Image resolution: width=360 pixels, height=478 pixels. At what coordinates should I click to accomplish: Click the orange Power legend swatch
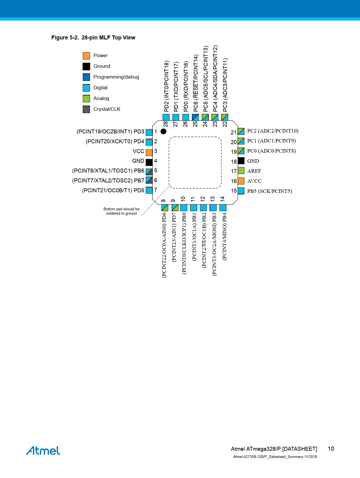86,56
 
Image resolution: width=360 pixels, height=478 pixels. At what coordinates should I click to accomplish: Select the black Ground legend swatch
86,66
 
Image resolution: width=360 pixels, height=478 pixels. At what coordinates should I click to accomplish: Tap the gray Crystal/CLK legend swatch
86,109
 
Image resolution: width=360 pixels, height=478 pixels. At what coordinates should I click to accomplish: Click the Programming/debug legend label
116,77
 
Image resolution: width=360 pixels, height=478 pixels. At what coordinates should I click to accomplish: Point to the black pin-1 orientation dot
163,131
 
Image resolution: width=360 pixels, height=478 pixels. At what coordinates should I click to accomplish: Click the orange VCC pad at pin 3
149,153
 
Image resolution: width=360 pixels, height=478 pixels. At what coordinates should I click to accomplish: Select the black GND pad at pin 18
241,161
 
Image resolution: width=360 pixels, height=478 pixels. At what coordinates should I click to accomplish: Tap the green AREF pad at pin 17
241,171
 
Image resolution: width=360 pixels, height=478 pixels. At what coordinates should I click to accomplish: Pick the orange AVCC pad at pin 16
241,181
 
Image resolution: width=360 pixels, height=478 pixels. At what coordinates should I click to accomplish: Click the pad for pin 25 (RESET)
195,117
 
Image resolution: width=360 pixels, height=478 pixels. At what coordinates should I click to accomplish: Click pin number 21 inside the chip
234,132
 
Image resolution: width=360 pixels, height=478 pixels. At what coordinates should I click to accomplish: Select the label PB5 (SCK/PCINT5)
269,191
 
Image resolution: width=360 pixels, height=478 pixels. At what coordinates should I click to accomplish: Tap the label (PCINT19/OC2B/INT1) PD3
110,131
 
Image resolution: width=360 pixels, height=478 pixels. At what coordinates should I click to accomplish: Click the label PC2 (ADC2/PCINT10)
273,131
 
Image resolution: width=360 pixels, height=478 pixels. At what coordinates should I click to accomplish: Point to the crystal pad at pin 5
149,172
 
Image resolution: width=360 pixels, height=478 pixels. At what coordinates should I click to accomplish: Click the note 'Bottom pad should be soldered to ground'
121,211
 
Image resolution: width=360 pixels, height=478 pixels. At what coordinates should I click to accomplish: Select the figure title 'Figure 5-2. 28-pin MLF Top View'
93,38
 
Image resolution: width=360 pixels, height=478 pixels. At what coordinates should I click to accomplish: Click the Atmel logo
43,450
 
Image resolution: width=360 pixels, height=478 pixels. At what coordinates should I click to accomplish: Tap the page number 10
331,449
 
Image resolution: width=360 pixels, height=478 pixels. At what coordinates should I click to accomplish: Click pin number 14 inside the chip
222,199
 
